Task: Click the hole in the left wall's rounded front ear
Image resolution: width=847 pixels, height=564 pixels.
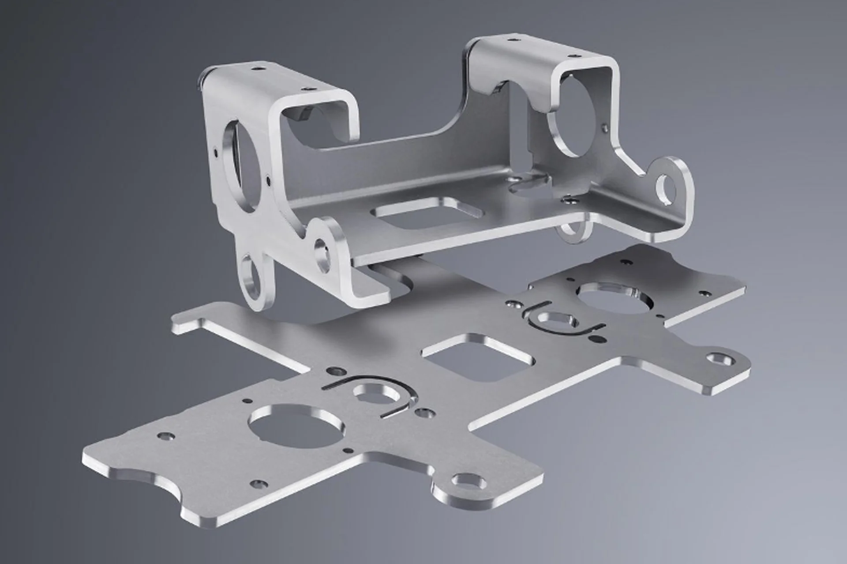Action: click(324, 249)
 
